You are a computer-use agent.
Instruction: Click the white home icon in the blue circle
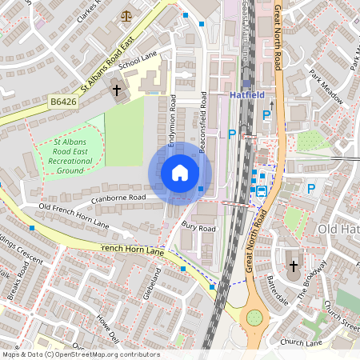(180, 173)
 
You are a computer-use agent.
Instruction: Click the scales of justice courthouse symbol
(126, 15)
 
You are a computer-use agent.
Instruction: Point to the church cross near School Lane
(116, 90)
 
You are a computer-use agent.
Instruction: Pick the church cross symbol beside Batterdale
(293, 266)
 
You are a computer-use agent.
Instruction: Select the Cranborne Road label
(118, 197)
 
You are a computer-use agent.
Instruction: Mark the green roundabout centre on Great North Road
(254, 318)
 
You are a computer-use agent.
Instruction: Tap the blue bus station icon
(261, 190)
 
